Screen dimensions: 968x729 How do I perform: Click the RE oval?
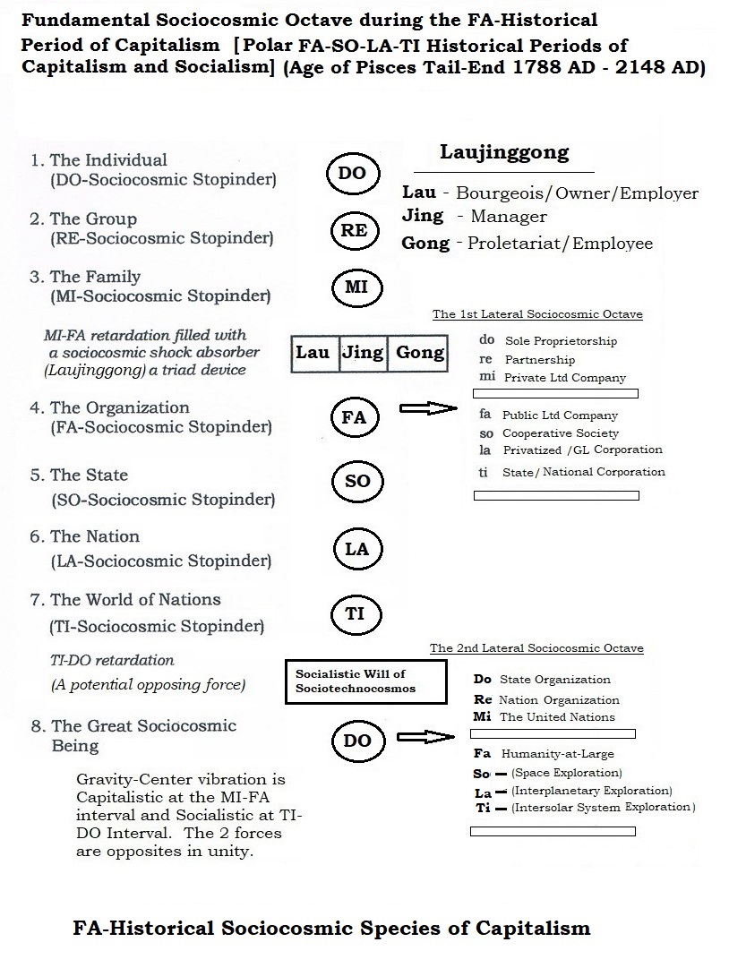click(x=354, y=230)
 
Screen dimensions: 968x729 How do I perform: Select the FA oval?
click(x=355, y=417)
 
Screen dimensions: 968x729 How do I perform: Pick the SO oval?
click(x=356, y=482)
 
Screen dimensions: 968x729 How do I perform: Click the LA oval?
click(x=356, y=549)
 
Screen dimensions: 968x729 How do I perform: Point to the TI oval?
click(x=355, y=614)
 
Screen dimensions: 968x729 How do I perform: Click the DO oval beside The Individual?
click(x=353, y=173)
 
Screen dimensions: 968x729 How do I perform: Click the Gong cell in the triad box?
click(x=419, y=352)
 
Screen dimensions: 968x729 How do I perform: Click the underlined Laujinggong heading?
click(x=503, y=152)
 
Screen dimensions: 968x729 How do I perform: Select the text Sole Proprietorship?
click(x=561, y=341)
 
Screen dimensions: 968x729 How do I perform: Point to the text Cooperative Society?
click(x=562, y=433)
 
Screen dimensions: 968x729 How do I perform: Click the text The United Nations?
click(x=557, y=716)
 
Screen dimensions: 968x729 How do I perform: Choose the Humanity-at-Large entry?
click(x=557, y=754)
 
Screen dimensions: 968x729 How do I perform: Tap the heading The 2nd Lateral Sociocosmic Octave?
click(x=536, y=648)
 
